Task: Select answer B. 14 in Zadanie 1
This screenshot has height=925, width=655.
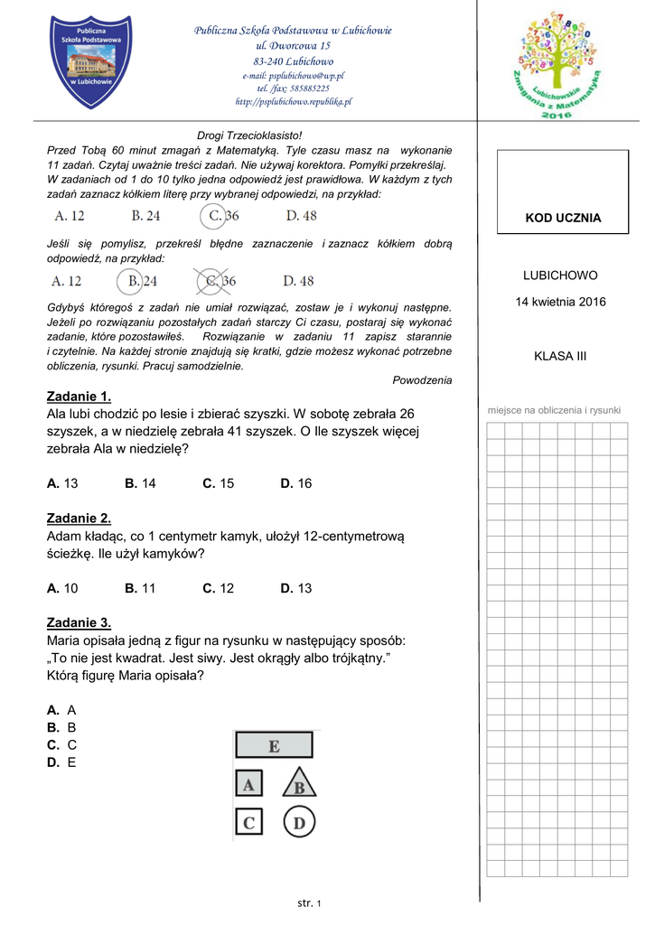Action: [x=141, y=483]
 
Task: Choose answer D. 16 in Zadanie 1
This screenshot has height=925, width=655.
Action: [x=296, y=483]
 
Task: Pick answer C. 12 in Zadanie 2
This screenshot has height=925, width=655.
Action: [x=219, y=588]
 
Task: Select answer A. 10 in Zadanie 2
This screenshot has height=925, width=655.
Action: [x=62, y=588]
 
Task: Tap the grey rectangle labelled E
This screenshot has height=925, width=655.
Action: [x=274, y=745]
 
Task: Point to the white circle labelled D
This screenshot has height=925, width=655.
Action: [x=298, y=823]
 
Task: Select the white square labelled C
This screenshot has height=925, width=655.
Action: [x=248, y=823]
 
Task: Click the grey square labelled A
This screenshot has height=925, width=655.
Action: [x=248, y=784]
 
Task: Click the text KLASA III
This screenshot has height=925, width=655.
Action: [x=560, y=356]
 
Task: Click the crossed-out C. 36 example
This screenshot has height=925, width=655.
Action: [x=215, y=281]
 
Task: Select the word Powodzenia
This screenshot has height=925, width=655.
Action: [x=422, y=380]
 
